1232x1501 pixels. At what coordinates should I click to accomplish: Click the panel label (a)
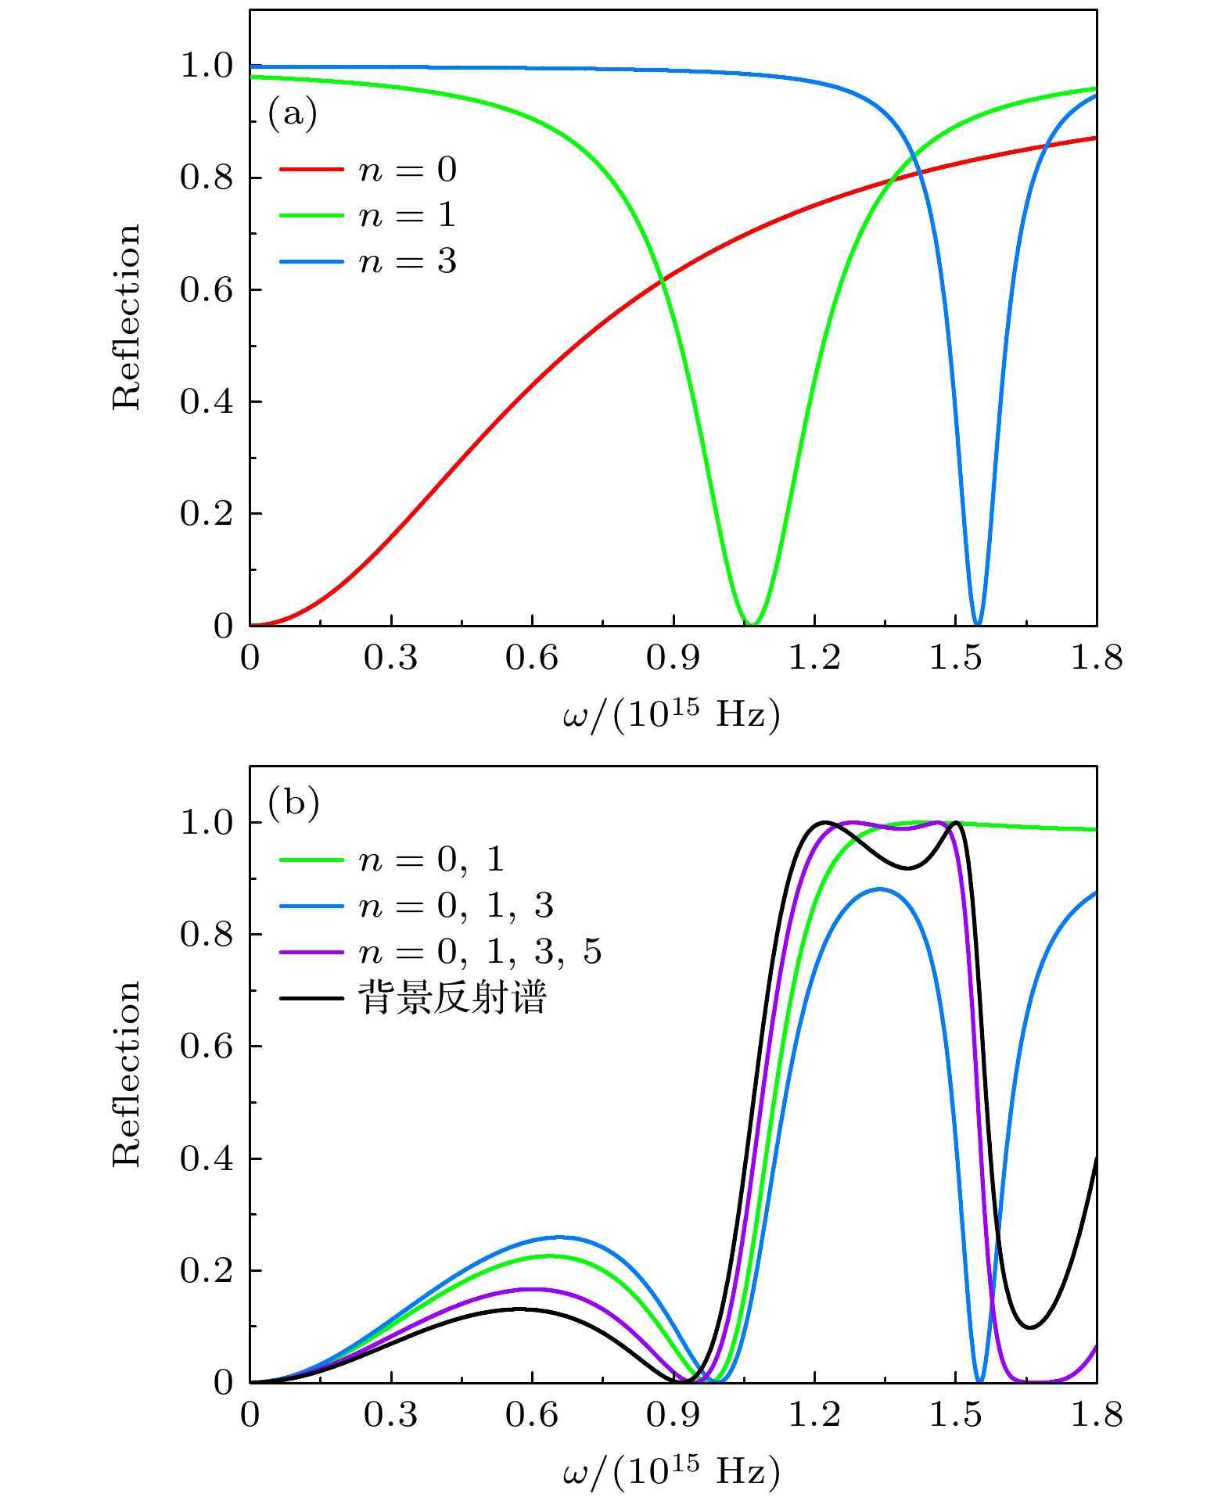pos(293,114)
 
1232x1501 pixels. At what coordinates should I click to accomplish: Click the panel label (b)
pos(293,803)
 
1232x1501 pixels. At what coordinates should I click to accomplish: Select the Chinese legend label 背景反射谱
pos(451,999)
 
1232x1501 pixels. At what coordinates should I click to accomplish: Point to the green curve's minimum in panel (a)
pos(751,623)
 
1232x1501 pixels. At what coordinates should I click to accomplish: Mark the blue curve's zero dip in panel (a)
pos(977,623)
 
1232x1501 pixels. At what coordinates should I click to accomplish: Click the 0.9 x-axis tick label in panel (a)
pos(673,659)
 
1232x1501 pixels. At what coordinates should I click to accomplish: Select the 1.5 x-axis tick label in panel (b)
pos(955,1416)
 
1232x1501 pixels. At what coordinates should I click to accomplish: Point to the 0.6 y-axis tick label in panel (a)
pos(207,290)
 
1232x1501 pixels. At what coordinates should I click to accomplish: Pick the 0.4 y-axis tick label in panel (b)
pos(207,1159)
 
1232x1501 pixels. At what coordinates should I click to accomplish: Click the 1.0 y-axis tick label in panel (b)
pos(207,824)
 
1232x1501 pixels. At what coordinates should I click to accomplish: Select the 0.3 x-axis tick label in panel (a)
pos(390,659)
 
